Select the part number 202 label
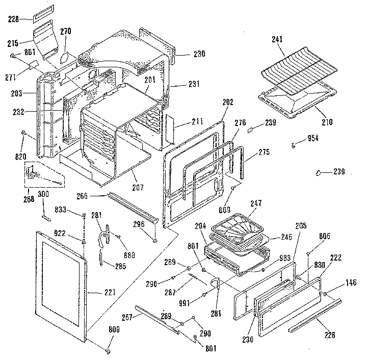(227, 102)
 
